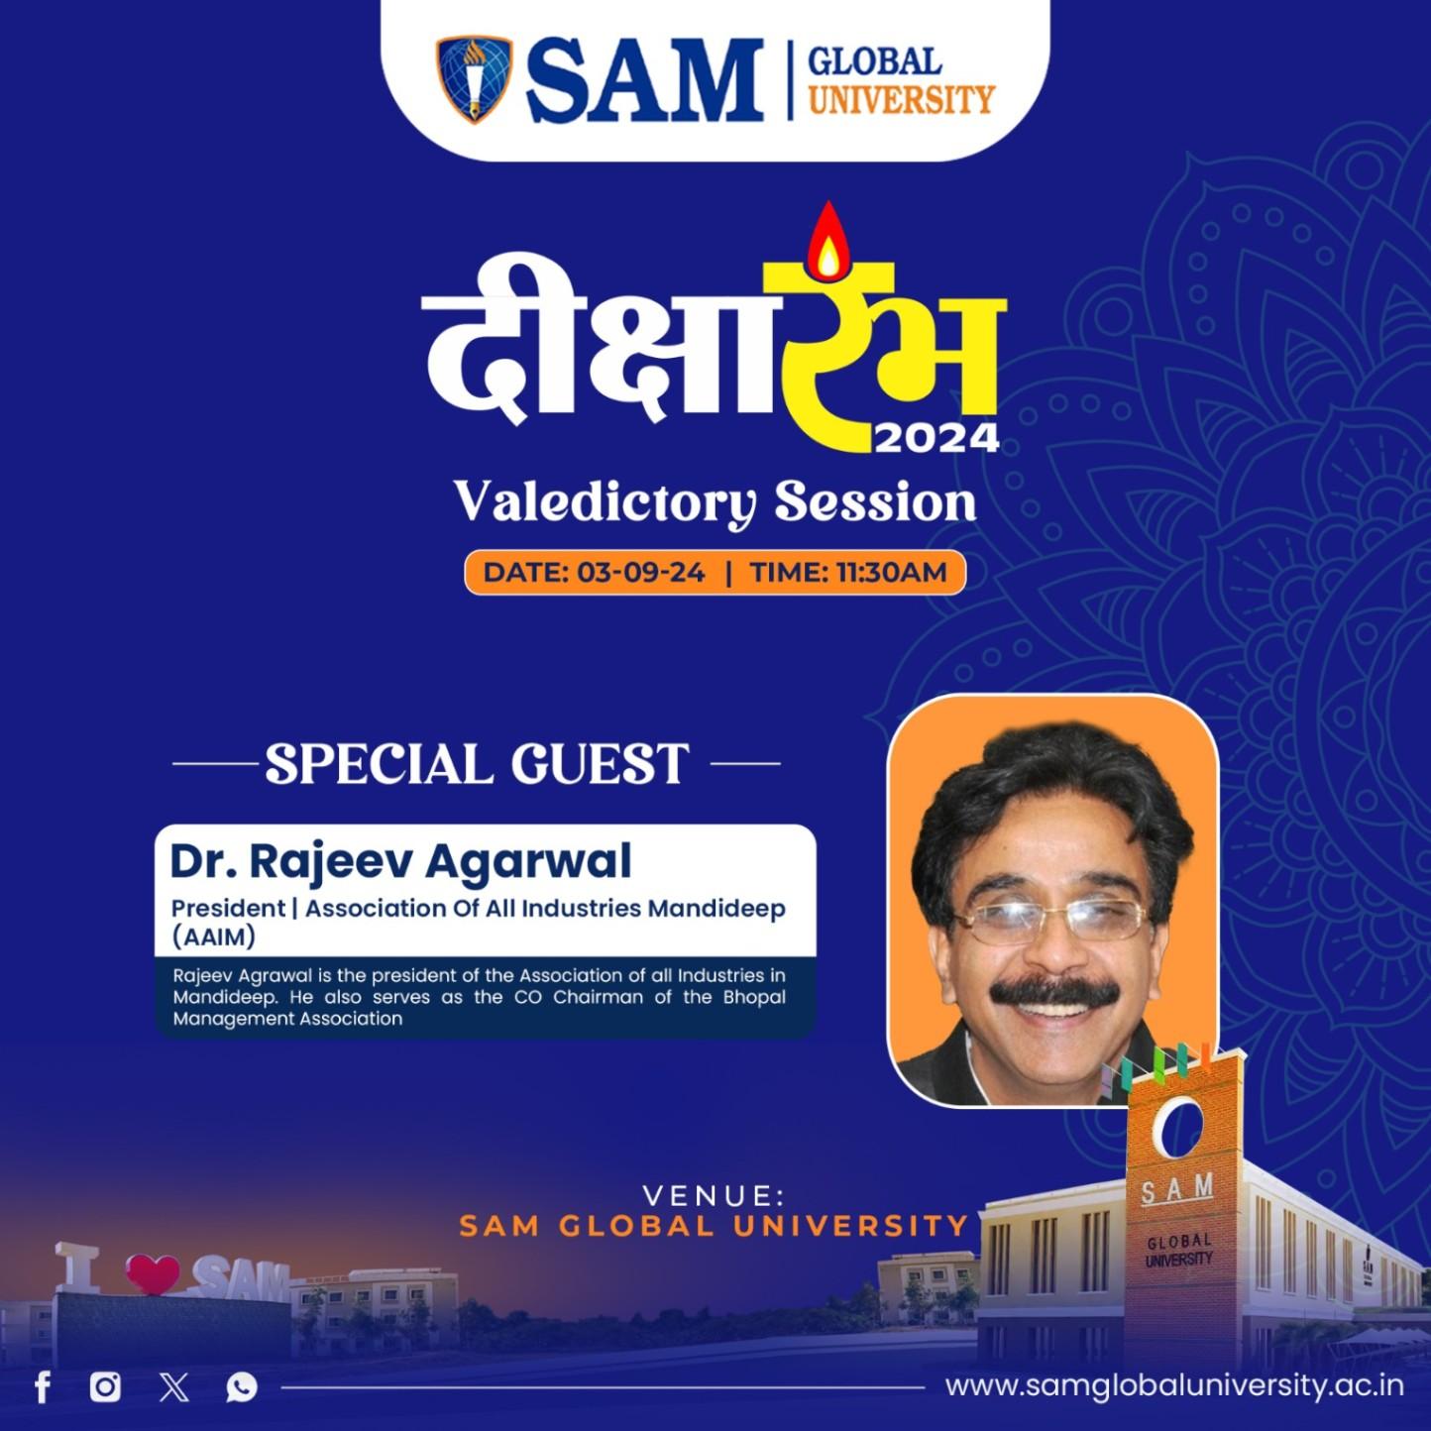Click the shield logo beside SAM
tap(475, 79)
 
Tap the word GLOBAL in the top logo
tap(873, 62)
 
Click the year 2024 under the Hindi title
tap(936, 437)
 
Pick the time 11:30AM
tap(891, 573)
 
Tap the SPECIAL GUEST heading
tap(477, 764)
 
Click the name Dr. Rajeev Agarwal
tap(400, 861)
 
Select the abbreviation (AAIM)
tap(213, 936)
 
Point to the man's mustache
tap(1055, 992)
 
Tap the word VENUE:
tap(714, 1195)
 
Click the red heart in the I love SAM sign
tap(153, 1274)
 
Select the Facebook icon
tap(43, 1386)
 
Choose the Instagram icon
tap(105, 1386)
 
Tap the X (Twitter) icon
tap(174, 1386)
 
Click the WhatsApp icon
tap(241, 1386)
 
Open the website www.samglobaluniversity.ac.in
tap(1174, 1385)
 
